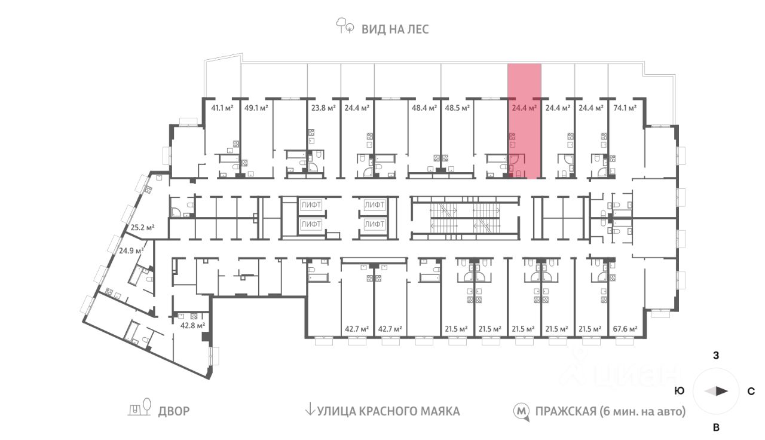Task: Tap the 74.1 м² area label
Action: (x=625, y=109)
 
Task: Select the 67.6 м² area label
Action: (x=625, y=329)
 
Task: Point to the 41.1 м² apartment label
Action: (x=222, y=109)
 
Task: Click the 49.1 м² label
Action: (x=255, y=109)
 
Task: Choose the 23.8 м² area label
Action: (x=323, y=109)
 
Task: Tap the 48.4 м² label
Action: (x=423, y=109)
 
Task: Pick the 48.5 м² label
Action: (x=457, y=109)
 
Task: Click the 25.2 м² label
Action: (x=143, y=227)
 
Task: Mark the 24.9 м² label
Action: (x=131, y=251)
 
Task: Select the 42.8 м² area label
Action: (x=193, y=326)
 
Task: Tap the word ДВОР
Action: (x=174, y=411)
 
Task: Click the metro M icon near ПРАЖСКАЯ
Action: (x=522, y=411)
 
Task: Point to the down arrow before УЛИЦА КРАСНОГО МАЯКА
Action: (x=310, y=410)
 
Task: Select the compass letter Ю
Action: (x=680, y=392)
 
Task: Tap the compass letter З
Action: (x=716, y=356)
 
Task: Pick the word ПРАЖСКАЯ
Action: (x=565, y=411)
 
